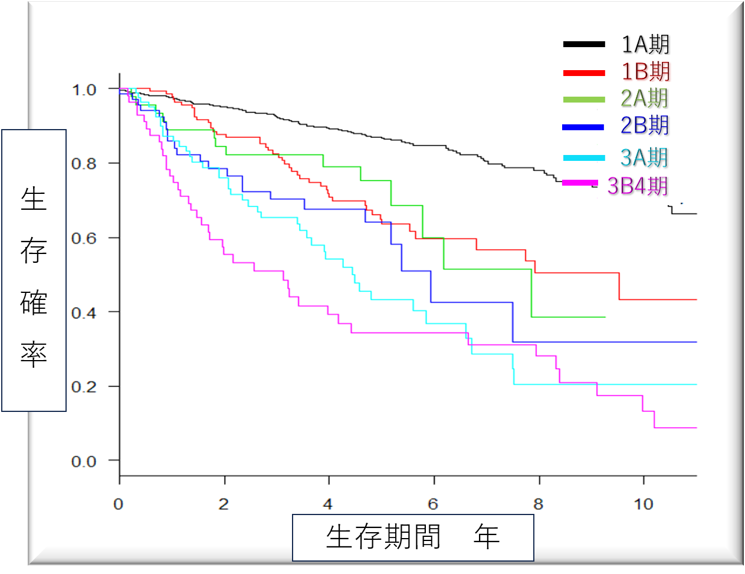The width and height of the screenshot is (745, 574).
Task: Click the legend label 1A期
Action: [645, 44]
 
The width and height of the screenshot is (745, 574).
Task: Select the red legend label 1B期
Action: [645, 71]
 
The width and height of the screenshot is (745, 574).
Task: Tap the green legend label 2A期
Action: [644, 98]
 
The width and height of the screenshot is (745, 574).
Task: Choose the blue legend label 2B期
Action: [644, 125]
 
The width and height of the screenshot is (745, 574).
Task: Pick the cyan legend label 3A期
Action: [644, 157]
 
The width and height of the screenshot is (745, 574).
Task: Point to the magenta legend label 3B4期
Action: [638, 186]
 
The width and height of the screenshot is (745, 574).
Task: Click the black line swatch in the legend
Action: [584, 44]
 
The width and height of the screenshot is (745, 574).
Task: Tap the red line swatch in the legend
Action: [584, 73]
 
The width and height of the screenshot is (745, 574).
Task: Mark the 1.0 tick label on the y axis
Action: [84, 90]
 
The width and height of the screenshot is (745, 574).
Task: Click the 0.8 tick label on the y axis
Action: [84, 164]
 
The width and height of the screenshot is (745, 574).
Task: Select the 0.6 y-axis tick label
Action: [84, 239]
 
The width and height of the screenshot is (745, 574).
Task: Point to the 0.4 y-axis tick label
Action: [84, 313]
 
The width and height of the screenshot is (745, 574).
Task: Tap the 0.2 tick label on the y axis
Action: [84, 387]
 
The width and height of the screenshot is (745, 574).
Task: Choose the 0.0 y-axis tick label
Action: [84, 461]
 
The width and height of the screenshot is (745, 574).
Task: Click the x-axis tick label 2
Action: [224, 504]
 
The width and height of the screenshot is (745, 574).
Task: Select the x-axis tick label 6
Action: [433, 504]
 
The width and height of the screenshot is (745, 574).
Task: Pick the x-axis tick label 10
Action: [644, 504]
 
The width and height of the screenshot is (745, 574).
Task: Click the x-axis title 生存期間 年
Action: [413, 537]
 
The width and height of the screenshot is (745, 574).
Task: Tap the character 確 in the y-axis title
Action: [34, 302]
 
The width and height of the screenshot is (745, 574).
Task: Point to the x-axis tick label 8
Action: [538, 504]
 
